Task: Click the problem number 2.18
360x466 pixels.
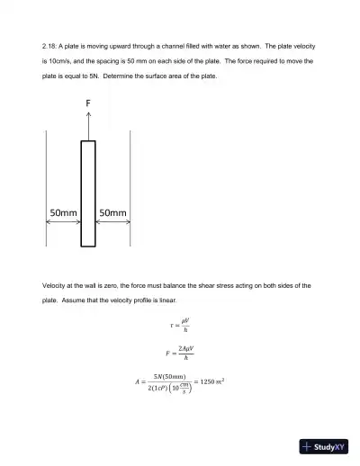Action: pyautogui.click(x=49, y=44)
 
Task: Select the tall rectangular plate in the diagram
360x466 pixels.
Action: pyautogui.click(x=88, y=193)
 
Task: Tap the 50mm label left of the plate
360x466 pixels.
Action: pyautogui.click(x=63, y=214)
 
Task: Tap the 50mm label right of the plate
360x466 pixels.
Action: pyautogui.click(x=112, y=214)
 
